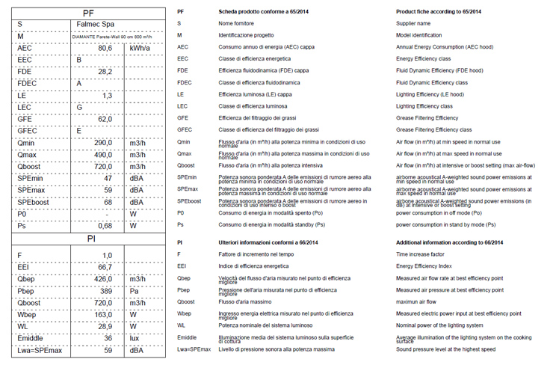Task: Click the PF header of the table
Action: click(88, 13)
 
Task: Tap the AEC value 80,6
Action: click(105, 48)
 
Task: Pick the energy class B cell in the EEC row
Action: click(79, 60)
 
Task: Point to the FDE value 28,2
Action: click(105, 72)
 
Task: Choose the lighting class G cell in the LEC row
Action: click(79, 107)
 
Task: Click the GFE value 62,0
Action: click(105, 119)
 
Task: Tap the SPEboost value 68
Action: click(108, 202)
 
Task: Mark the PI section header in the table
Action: click(88, 239)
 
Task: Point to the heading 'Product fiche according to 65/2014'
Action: click(438, 13)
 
